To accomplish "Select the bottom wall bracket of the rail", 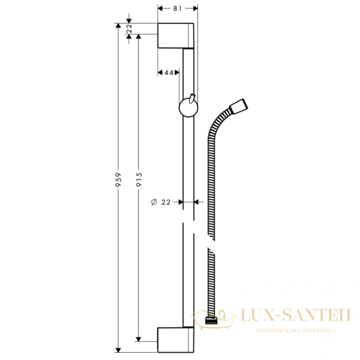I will tap(175, 339).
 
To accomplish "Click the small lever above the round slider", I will tap(191, 98).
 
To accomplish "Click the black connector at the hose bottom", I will tap(211, 322).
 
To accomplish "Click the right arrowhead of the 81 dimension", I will tap(195, 8).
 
